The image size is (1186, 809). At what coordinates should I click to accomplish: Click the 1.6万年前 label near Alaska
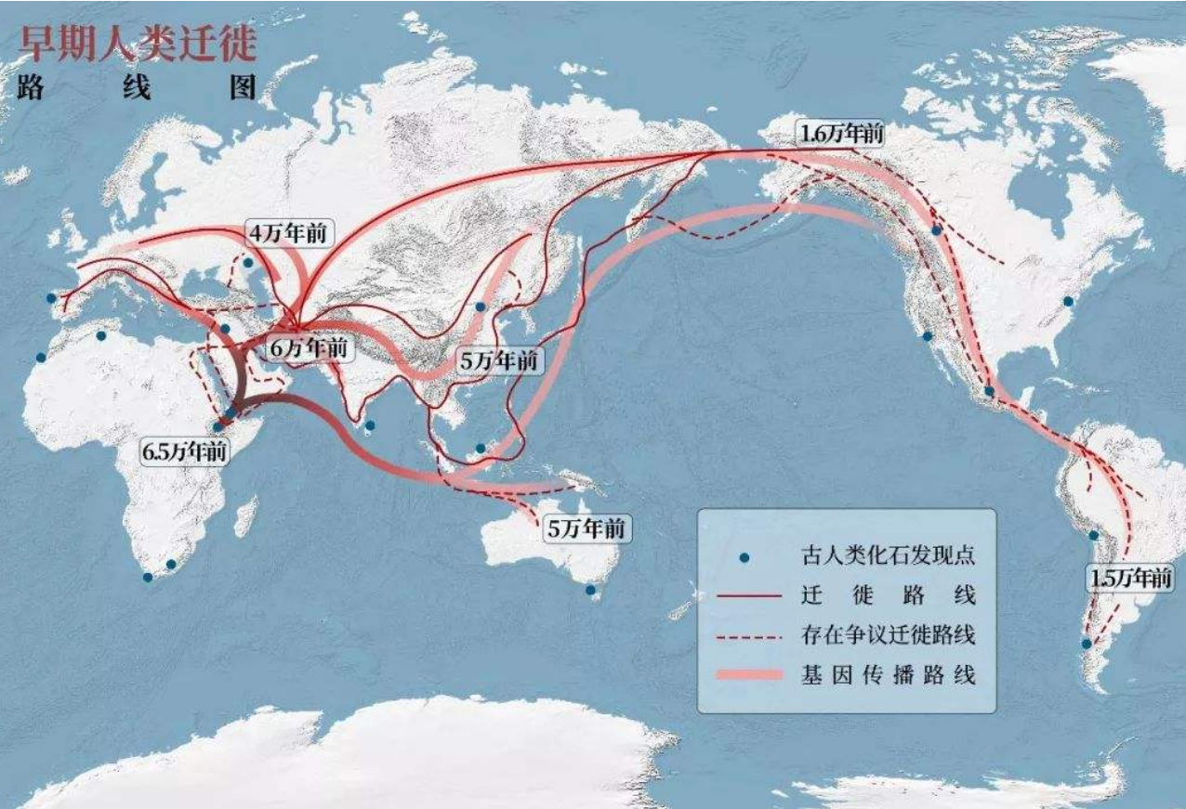pos(840,133)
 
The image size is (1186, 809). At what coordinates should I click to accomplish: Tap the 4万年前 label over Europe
pos(287,233)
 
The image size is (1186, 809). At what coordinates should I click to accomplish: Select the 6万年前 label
pos(310,348)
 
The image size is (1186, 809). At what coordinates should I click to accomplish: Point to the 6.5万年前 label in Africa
pos(185,451)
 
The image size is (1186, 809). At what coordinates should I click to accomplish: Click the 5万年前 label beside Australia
pos(586,529)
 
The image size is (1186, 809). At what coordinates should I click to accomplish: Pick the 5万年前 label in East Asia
pos(499,360)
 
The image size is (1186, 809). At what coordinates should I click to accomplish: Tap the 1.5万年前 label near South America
pos(1130,578)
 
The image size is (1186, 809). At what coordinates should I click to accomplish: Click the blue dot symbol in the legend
pos(744,558)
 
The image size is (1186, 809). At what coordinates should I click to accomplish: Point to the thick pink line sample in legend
pos(749,675)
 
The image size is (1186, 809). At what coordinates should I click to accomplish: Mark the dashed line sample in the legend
pos(749,635)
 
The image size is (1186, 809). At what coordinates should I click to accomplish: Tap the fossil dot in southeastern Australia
pos(589,590)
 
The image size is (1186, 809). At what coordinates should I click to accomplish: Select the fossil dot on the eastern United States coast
pos(1068,301)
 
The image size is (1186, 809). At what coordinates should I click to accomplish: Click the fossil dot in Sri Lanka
pos(370,426)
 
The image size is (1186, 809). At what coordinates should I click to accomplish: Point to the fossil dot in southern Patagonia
pos(1086,644)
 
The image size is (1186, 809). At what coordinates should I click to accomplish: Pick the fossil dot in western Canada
pos(937,230)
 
